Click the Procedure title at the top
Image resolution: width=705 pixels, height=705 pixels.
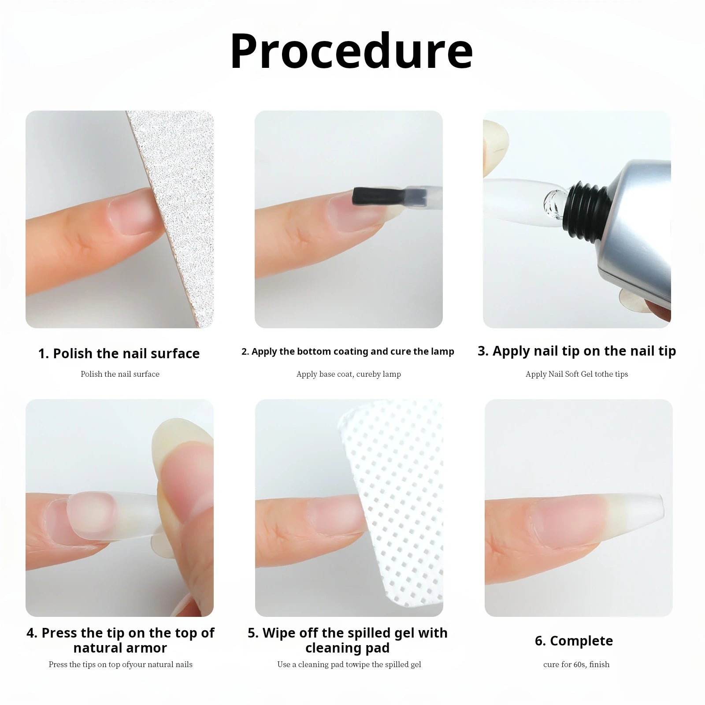click(x=351, y=52)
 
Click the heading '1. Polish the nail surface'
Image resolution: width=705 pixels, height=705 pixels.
click(x=119, y=353)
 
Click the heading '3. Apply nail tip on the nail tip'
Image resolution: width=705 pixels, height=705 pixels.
click(x=576, y=351)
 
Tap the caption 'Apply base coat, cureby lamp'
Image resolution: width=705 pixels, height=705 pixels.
click(x=349, y=374)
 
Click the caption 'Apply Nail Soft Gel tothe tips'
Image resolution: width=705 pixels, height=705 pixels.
click(x=576, y=374)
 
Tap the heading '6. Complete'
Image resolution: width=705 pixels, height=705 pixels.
click(x=574, y=641)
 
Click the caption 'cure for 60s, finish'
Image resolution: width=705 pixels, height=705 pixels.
click(x=576, y=664)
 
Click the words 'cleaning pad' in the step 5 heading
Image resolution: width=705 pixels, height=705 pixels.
click(x=347, y=648)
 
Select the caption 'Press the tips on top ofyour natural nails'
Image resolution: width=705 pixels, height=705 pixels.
click(x=120, y=664)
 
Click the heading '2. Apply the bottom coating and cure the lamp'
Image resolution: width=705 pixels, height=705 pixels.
click(x=348, y=352)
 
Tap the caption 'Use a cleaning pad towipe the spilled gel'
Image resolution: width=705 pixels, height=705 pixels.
click(x=349, y=664)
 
